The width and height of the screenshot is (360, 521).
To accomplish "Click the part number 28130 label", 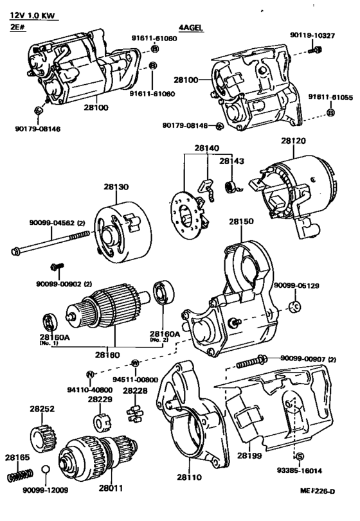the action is [116, 187].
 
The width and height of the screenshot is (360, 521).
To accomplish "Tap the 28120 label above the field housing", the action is [294, 141].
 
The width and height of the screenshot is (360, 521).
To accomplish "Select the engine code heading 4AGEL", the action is [191, 28].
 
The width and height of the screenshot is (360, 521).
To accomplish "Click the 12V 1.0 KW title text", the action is [32, 15].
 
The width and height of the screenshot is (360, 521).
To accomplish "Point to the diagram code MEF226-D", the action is [317, 491].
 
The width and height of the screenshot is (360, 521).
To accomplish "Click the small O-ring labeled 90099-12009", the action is [46, 470].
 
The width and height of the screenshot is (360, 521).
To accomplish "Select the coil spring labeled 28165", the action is [21, 475].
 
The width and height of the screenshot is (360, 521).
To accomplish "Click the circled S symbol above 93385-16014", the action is [300, 457].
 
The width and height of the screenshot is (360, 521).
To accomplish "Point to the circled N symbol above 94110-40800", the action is [90, 375].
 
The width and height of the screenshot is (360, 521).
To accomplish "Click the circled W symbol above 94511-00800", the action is [134, 363].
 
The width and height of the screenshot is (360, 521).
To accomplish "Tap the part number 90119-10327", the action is [312, 35].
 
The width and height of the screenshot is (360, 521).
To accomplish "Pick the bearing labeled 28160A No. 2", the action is [164, 292].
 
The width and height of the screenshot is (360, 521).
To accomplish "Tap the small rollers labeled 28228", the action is [134, 414].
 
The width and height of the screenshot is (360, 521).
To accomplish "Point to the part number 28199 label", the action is [249, 455].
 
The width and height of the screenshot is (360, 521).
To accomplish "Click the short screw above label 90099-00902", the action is [57, 266].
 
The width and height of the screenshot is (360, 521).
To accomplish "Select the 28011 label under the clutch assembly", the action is [111, 488].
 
